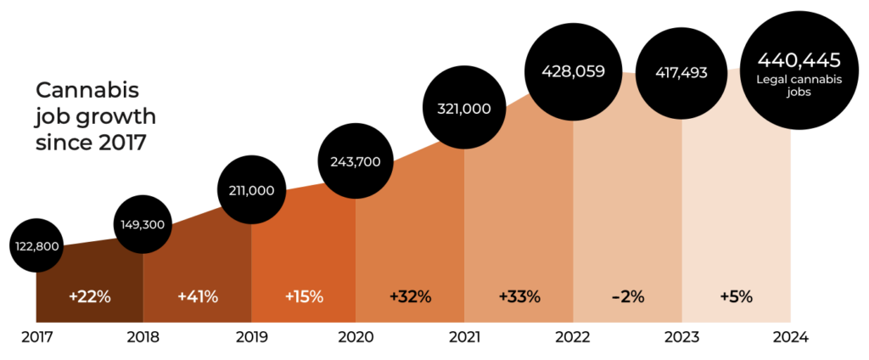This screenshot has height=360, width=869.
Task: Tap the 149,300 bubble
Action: coord(143,225)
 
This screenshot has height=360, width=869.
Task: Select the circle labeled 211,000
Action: coord(251,190)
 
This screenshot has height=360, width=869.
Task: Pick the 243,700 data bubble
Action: coord(356,161)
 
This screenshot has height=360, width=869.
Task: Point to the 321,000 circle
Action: coord(464,108)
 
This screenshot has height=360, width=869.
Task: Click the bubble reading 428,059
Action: coord(575,71)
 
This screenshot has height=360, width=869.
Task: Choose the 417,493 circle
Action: coord(683,73)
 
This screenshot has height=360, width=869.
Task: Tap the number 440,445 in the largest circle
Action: coord(798,61)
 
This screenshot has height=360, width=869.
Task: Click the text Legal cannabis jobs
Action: coord(798,86)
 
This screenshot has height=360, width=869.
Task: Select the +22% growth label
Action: coord(89,296)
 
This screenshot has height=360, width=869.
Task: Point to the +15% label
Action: coord(304,296)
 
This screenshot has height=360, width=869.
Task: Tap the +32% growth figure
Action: coord(410,296)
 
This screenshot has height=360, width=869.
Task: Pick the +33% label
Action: coord(519,296)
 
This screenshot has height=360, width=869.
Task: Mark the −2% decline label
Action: coord(627,296)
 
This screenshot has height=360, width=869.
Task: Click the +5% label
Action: coord(736,296)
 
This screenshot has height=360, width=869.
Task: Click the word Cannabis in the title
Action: coord(87,90)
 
